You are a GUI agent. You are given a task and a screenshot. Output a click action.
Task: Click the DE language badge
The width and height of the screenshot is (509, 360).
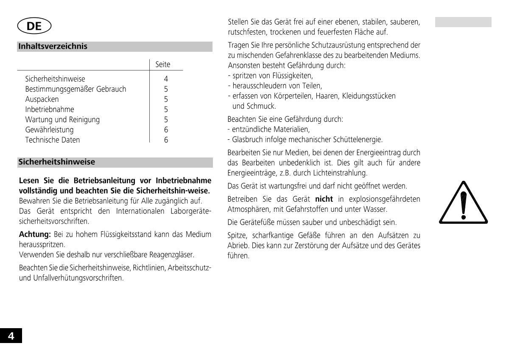34,26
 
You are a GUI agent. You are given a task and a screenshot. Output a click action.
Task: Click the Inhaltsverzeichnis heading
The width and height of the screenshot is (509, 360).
53,46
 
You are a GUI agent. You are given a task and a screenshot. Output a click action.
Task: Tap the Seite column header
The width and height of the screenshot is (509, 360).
163,65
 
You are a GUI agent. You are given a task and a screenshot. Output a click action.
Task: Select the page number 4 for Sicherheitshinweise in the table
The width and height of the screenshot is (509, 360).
166,79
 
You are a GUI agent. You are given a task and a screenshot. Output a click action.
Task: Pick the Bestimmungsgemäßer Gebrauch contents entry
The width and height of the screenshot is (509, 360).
76,89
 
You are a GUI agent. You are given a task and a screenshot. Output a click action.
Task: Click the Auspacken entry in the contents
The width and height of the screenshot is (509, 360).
42,99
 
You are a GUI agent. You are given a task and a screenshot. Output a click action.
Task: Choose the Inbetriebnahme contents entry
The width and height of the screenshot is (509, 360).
50,110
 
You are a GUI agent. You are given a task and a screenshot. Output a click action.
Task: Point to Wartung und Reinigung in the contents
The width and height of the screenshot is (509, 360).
62,120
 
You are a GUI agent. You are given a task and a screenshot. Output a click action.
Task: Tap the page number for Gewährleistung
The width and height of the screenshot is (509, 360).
166,130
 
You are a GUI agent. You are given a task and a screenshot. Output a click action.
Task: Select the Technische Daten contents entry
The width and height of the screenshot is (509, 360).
53,140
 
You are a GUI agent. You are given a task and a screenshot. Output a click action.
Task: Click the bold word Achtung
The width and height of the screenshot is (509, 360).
35,234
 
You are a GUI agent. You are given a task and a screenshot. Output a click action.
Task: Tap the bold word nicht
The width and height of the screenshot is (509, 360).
324,199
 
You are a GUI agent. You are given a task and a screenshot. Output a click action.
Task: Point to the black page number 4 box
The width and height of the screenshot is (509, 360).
11,336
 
